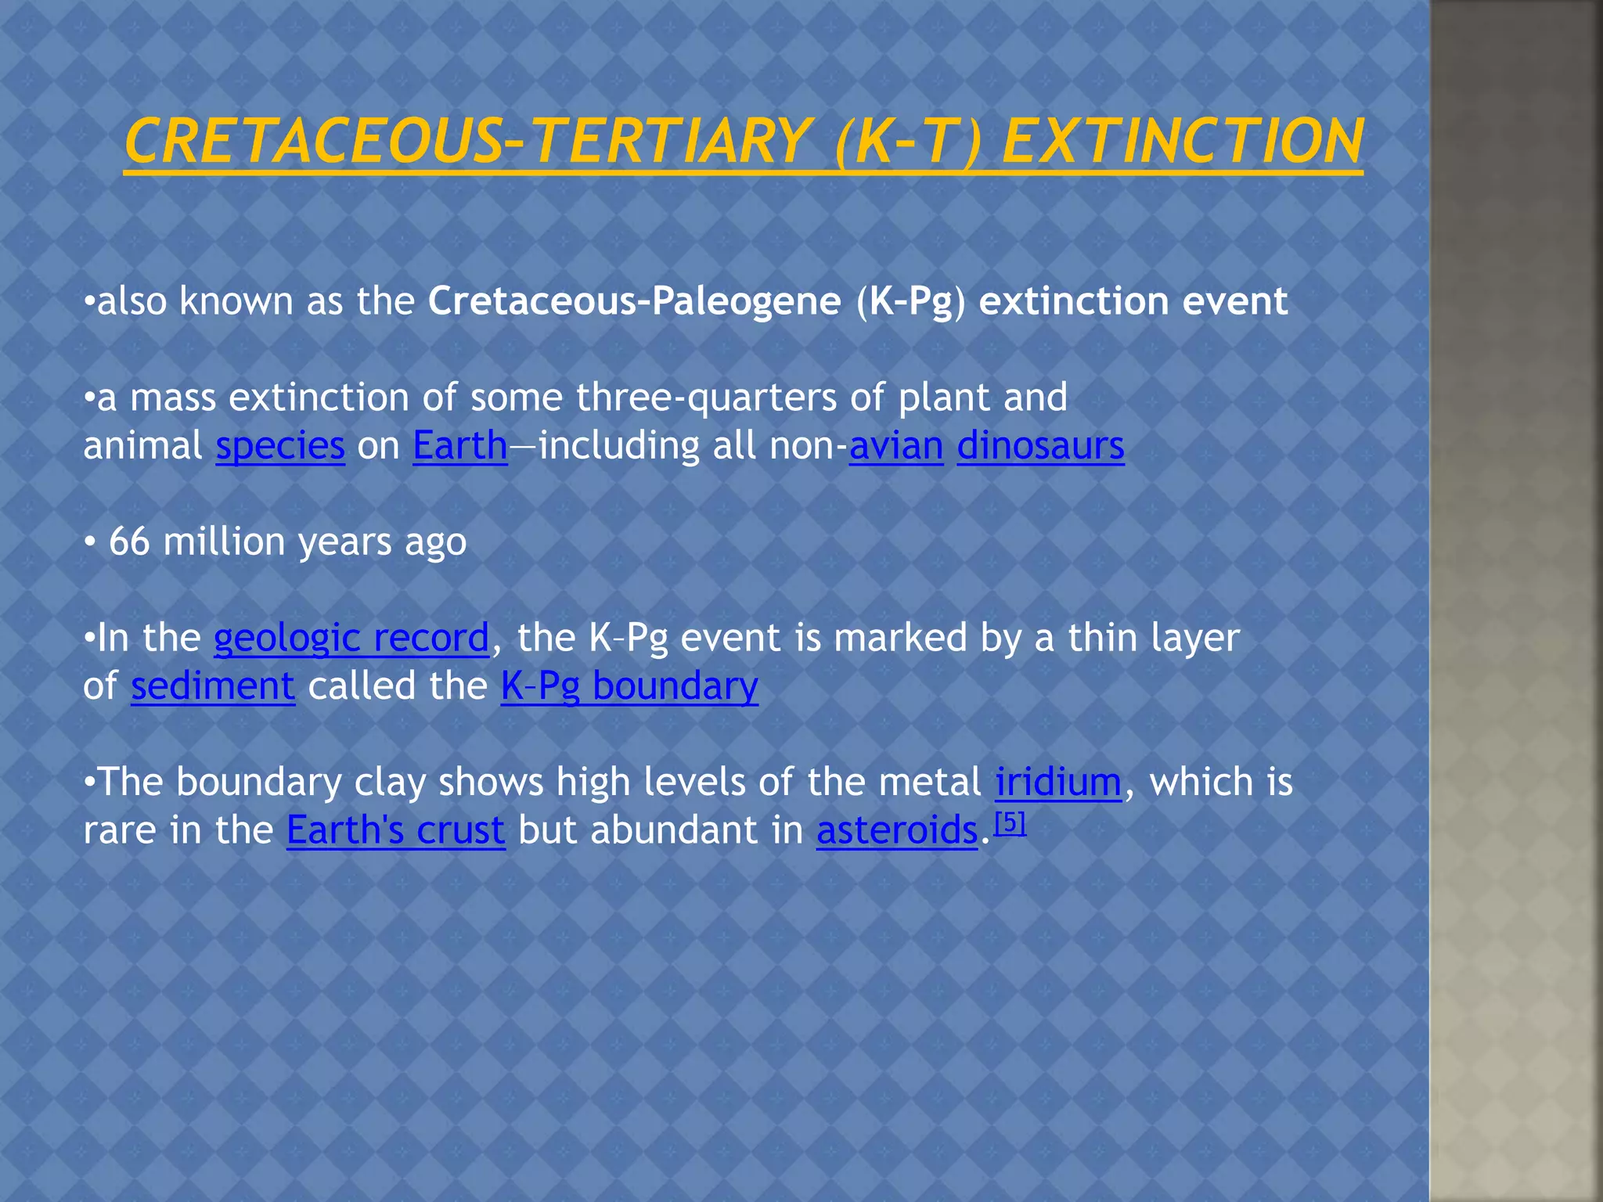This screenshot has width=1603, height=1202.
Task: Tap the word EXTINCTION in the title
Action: [x=1182, y=142]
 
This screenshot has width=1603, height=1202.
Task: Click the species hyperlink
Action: [x=280, y=447]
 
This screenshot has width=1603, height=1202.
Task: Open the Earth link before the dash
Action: [x=460, y=447]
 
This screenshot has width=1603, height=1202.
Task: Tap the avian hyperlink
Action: [x=896, y=447]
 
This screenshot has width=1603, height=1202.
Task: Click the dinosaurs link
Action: [x=1040, y=447]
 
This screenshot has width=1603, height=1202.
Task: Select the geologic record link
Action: [x=351, y=639]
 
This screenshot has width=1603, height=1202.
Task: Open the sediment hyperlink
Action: [x=213, y=687]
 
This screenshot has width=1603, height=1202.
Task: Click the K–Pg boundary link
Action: [x=629, y=687]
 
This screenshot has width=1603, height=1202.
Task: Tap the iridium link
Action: [x=1058, y=783]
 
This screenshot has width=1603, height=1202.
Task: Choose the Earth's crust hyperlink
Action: [x=395, y=831]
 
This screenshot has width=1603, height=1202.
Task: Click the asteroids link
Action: [x=897, y=831]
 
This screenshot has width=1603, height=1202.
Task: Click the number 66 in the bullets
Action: [x=129, y=542]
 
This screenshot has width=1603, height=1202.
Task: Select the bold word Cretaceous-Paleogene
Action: [x=634, y=301]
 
